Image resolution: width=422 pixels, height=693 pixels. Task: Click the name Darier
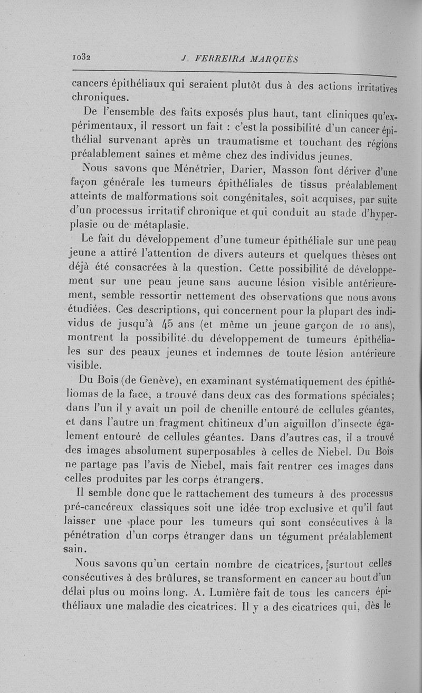(x=246, y=169)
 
